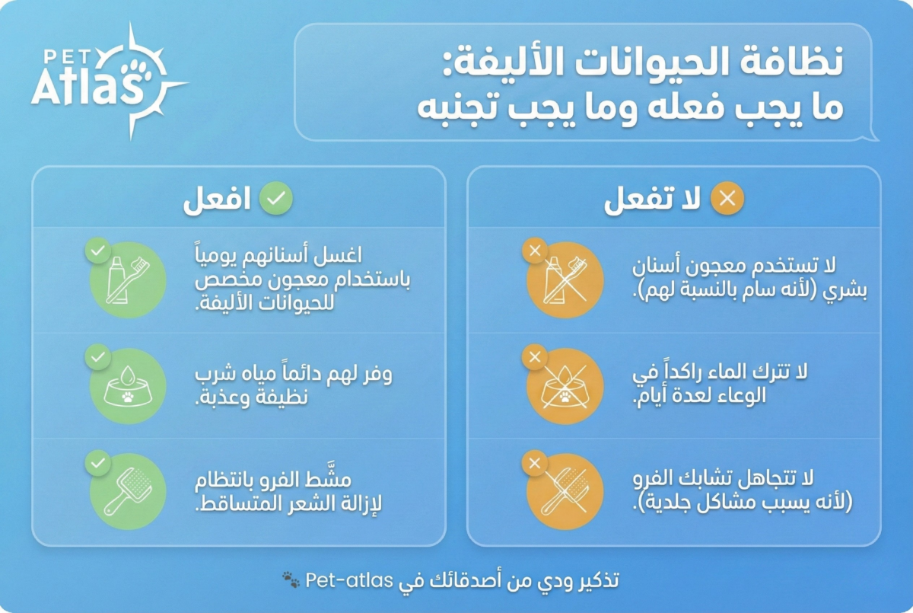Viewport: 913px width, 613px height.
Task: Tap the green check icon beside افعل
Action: pos(275,200)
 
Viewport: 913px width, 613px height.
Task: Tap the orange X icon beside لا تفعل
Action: pos(727,200)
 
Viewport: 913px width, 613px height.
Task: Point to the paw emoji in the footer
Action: pos(291,581)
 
